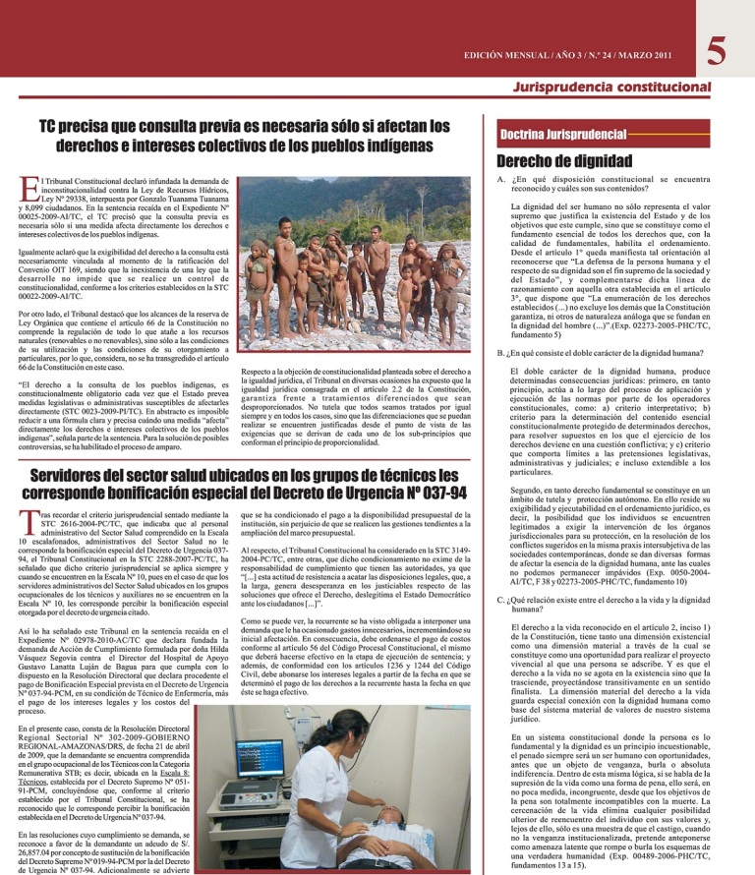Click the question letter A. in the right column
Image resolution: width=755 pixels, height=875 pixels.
pos(503,182)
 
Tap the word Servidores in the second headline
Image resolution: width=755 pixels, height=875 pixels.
pos(76,466)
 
